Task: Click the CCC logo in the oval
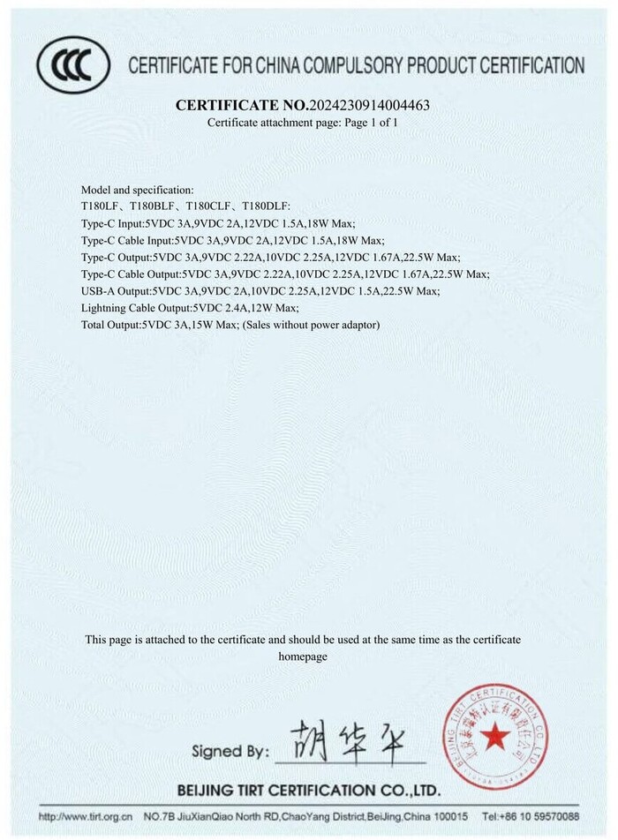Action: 72,64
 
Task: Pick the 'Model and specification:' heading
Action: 137,190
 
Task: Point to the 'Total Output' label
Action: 110,325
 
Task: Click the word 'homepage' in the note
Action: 303,657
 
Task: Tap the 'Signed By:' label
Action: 230,752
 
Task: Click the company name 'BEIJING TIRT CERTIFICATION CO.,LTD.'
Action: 308,790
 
